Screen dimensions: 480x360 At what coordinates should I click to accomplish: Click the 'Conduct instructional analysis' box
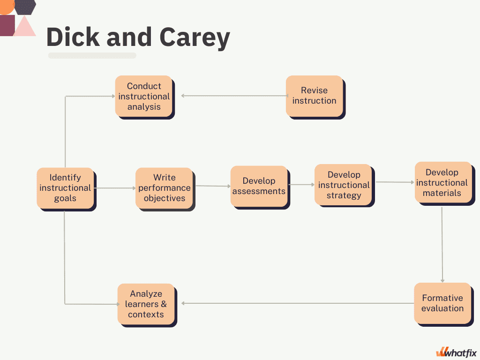pyautogui.click(x=143, y=96)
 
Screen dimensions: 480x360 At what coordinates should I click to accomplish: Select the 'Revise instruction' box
pyautogui.click(x=315, y=96)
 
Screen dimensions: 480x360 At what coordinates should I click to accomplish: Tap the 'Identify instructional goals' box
pyautogui.click(x=65, y=188)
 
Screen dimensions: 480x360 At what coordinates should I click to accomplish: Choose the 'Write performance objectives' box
pyautogui.click(x=165, y=188)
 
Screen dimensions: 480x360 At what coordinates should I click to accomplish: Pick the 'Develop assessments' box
pyautogui.click(x=259, y=186)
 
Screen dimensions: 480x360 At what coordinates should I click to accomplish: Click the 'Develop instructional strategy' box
pyautogui.click(x=344, y=185)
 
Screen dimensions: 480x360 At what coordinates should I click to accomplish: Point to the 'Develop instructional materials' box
pyautogui.click(x=443, y=182)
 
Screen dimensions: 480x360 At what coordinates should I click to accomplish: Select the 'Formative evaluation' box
pyautogui.click(x=442, y=303)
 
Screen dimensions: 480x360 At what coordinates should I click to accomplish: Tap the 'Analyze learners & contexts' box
pyautogui.click(x=146, y=304)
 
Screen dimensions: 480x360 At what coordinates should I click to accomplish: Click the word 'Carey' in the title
pyautogui.click(x=195, y=37)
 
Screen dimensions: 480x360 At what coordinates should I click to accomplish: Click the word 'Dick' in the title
pyautogui.click(x=73, y=37)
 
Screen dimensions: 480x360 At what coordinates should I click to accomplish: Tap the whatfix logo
pyautogui.click(x=457, y=352)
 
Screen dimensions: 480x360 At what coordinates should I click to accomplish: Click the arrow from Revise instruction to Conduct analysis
pyautogui.click(x=234, y=96)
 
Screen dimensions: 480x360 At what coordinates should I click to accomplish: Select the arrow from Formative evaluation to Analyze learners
pyautogui.click(x=298, y=303)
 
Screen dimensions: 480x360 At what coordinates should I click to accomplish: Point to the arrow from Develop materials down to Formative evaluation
pyautogui.click(x=442, y=245)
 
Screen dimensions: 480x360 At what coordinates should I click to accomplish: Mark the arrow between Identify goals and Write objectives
pyautogui.click(x=115, y=188)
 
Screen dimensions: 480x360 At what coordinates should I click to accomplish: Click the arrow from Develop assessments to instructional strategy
pyautogui.click(x=301, y=185)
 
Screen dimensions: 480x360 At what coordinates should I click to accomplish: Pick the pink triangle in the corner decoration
pyautogui.click(x=25, y=26)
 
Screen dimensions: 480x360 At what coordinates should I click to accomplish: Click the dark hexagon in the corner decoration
pyautogui.click(x=25, y=7)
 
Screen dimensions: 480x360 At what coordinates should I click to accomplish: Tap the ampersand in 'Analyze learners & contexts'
pyautogui.click(x=164, y=304)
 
